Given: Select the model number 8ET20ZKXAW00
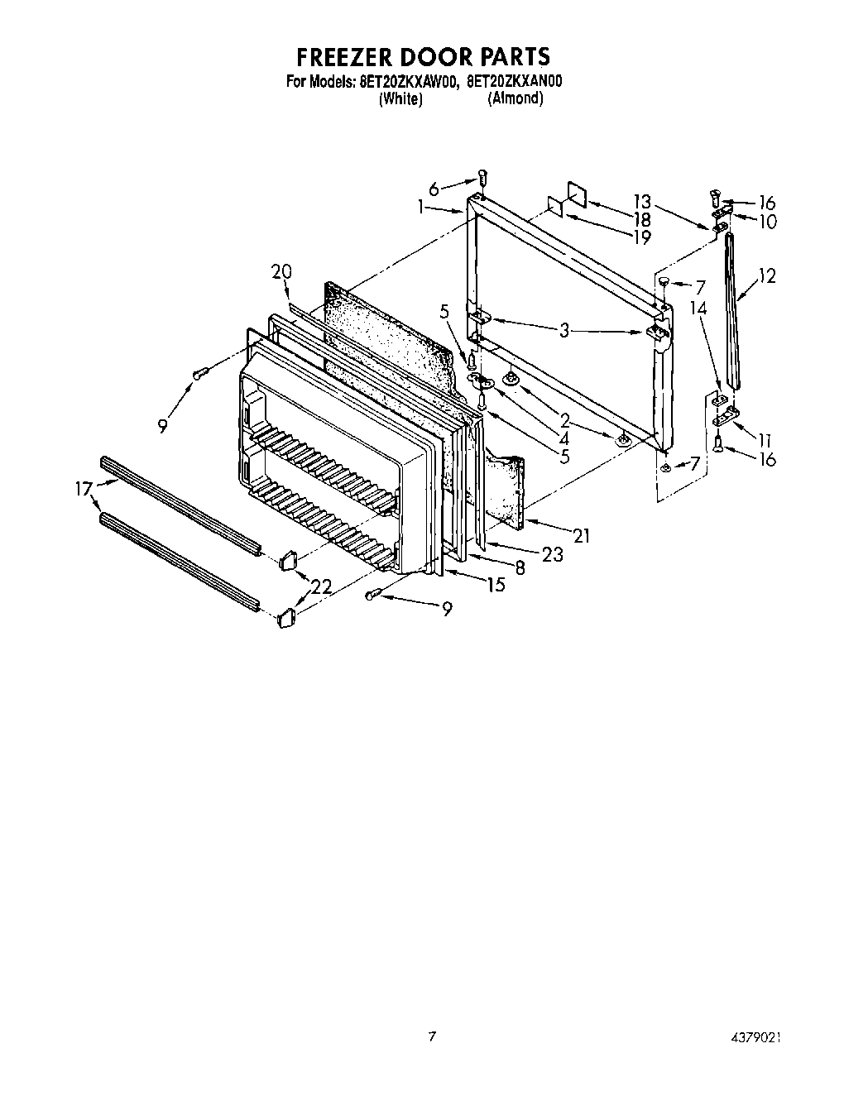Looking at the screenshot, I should coord(408,82).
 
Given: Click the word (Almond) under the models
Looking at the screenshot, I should coord(515,98).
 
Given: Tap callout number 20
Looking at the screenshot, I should coord(281,271).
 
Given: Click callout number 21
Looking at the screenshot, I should coord(582,536).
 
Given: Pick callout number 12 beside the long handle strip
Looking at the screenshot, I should coord(767,276).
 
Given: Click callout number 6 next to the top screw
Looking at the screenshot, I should coord(458,188).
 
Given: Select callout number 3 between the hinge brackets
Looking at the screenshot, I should coord(563,331).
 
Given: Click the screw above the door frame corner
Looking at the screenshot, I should coord(482,177).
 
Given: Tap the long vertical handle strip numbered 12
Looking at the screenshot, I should coord(733,310).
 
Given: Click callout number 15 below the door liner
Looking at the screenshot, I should coord(496,586).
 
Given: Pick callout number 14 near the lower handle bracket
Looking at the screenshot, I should coord(699,308).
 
